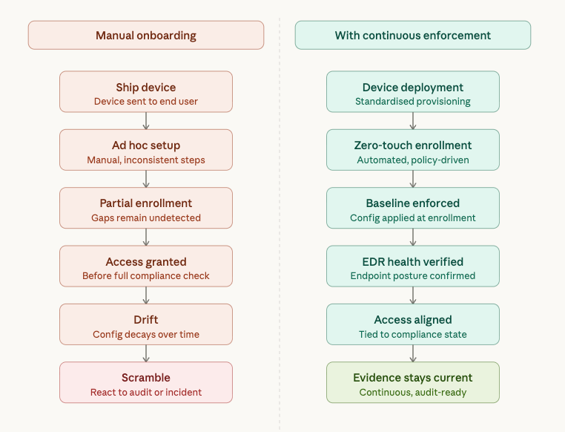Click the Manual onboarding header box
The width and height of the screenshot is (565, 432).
pos(146,35)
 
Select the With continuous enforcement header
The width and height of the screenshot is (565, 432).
pos(413,35)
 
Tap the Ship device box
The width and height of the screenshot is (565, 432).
pos(146,91)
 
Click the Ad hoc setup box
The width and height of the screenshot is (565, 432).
pos(146,149)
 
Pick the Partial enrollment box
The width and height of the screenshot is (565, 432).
pos(146,207)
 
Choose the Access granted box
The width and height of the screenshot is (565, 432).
pos(146,266)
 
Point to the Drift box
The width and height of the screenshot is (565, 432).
pos(146,324)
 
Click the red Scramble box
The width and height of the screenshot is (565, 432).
pos(146,382)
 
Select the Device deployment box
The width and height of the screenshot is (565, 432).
pos(413,91)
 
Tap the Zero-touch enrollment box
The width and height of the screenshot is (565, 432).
pos(413,149)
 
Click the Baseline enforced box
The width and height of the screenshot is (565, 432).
pos(413,207)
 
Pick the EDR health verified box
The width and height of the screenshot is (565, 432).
pos(413,266)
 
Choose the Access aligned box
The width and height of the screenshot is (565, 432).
pos(413,324)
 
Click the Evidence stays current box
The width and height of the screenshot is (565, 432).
pos(413,382)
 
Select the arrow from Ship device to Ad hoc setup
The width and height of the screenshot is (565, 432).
pos(146,120)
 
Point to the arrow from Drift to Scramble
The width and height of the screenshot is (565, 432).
pos(146,353)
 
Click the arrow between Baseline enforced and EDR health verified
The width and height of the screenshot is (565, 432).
pos(413,237)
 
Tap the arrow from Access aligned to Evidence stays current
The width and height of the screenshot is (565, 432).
pos(413,353)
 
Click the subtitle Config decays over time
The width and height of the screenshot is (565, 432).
pos(146,334)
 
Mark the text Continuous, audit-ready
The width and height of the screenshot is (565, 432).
pos(413,392)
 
